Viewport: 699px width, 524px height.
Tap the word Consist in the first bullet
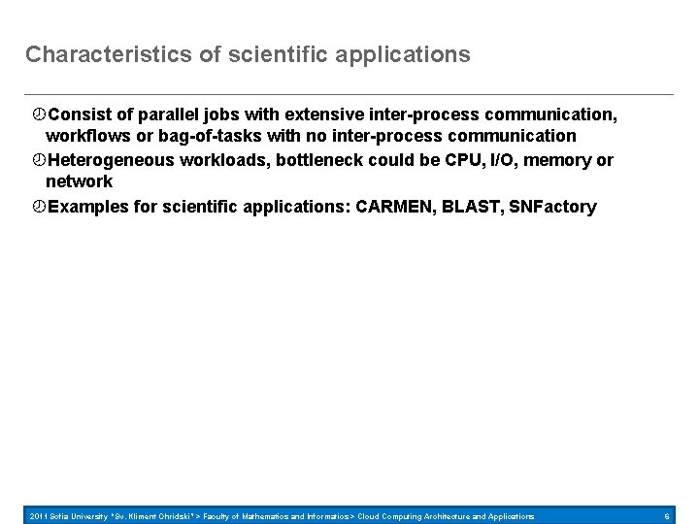(79, 115)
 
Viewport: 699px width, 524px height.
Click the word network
(80, 181)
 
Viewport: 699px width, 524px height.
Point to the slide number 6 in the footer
(667, 516)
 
